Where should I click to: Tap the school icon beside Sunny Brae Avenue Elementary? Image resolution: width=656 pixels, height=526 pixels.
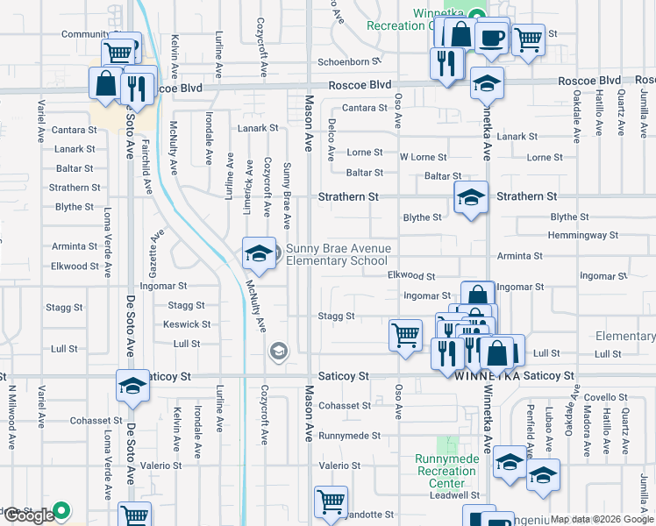tap(259, 253)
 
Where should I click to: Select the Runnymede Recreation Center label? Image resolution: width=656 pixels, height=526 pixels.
tap(447, 471)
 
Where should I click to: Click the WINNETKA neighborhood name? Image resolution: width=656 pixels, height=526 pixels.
tap(488, 376)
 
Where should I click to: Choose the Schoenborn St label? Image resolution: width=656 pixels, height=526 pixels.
tap(349, 62)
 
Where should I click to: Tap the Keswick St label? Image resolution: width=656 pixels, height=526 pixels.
tap(182, 324)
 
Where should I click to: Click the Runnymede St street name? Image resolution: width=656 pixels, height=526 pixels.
tap(349, 436)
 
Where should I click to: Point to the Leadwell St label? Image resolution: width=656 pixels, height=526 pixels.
tap(453, 495)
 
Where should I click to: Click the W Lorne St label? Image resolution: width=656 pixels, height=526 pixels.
tap(424, 157)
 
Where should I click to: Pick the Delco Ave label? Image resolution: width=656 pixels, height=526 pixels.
tap(332, 140)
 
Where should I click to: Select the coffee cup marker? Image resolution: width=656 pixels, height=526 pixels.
tap(491, 36)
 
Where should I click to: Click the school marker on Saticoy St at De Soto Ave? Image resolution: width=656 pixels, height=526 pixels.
tap(133, 385)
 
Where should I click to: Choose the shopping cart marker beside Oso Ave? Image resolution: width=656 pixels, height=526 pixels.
tap(405, 334)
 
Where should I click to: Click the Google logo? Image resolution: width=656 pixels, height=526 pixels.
tap(28, 515)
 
